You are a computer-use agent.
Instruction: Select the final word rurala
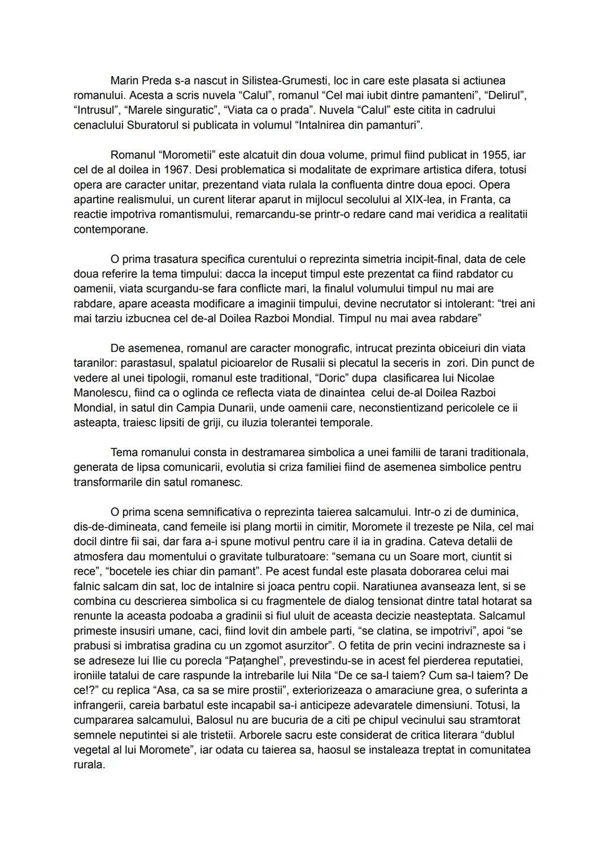89,765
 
